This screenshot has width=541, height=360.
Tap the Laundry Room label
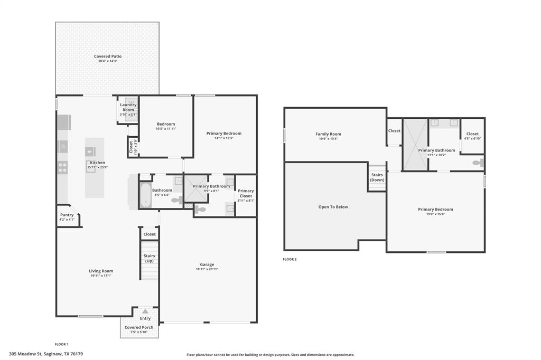[128, 107]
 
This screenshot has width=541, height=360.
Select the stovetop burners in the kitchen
[62, 167]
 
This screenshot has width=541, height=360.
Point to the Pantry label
[67, 215]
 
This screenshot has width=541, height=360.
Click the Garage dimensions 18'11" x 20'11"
[207, 269]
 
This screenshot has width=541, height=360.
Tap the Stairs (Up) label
[149, 258]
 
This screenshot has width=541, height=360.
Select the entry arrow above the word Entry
[145, 311]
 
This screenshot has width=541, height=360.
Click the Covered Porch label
[139, 327]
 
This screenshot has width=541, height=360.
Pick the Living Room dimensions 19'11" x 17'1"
[100, 276]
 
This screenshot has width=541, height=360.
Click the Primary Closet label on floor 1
[246, 193]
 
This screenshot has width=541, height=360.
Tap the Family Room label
[328, 134]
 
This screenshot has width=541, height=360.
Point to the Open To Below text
[333, 207]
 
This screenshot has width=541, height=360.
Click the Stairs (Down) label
[377, 177]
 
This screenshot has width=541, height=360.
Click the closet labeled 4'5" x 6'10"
[472, 136]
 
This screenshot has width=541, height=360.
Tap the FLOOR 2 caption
[290, 259]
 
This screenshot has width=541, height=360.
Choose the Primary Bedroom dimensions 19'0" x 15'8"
[435, 214]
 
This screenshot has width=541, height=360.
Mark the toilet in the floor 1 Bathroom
[178, 200]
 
